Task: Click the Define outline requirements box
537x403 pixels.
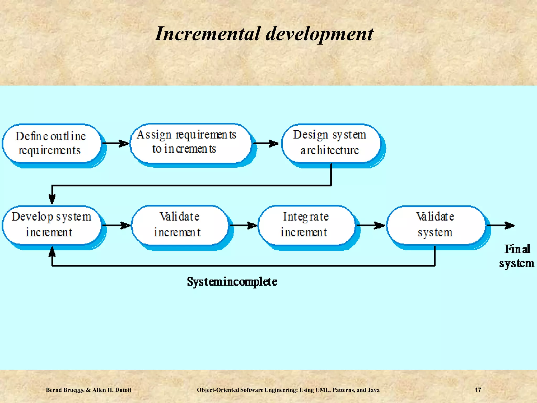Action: pos(51,143)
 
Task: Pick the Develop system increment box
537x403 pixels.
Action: pos(51,225)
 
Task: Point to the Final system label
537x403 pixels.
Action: pos(517,256)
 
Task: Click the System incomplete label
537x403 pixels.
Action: pos(232,282)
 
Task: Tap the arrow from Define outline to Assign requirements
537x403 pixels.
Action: pos(115,143)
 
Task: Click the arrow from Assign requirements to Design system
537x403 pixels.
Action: pos(265,143)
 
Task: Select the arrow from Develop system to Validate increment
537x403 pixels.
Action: pos(116,225)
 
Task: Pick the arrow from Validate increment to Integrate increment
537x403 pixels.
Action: pos(243,225)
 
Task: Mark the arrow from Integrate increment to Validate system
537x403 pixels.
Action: pos(370,225)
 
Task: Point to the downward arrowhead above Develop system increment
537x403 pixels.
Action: pos(52,199)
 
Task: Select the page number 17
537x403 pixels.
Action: pos(478,390)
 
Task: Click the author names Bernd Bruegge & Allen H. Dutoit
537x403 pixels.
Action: pos(89,390)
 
